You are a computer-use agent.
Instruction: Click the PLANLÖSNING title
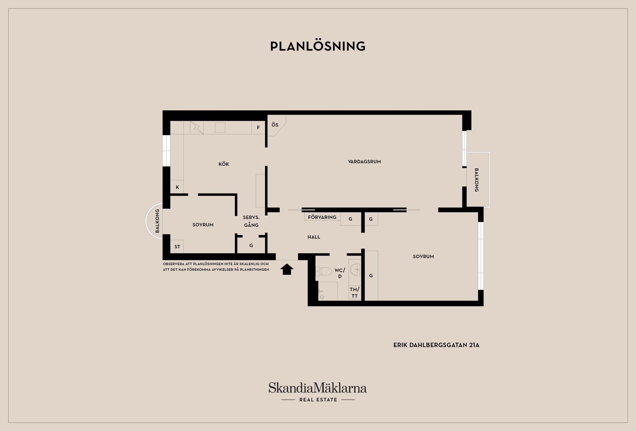(318, 46)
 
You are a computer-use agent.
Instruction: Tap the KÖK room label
(224, 164)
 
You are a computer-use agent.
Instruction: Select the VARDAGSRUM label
(364, 162)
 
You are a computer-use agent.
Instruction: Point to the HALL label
(314, 237)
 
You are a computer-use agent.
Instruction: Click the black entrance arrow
(287, 269)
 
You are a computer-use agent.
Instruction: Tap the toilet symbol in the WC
(324, 271)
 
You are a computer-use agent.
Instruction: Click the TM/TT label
(354, 293)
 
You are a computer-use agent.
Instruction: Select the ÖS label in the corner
(275, 125)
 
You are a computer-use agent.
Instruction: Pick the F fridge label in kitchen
(258, 127)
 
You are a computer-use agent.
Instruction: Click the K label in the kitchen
(177, 187)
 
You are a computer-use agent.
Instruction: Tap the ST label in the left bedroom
(177, 247)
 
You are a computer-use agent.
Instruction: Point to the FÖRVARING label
(322, 217)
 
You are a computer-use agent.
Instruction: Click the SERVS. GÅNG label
(251, 221)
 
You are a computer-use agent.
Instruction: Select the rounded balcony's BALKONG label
(157, 221)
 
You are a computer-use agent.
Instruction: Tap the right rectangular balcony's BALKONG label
(476, 180)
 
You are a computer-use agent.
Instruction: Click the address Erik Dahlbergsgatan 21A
(436, 345)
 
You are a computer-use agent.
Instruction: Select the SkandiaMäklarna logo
(318, 392)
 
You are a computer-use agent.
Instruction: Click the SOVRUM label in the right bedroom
(423, 257)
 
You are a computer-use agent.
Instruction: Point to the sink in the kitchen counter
(220, 127)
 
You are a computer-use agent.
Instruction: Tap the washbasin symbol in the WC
(355, 269)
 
